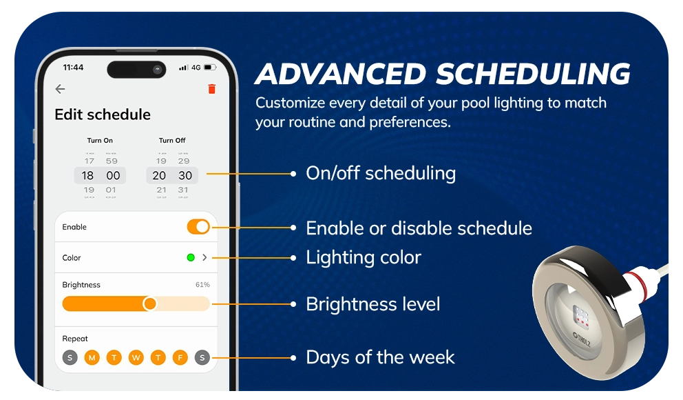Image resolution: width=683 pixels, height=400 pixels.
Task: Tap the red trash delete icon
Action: point(211,89)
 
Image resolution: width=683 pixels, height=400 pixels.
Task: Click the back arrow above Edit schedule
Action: point(60,89)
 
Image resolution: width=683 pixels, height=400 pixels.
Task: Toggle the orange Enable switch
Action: point(198,227)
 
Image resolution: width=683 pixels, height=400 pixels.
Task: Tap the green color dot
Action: point(190,257)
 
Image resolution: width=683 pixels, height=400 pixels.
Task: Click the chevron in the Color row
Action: point(204,257)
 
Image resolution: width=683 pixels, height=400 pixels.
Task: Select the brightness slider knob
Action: point(149,303)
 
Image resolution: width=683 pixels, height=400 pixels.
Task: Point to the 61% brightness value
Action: point(202,285)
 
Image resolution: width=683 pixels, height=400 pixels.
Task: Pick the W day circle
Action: point(136,358)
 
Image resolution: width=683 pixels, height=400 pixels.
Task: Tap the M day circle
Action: point(92,358)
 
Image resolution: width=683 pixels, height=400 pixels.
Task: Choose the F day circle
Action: point(180,358)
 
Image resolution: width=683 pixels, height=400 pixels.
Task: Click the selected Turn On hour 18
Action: point(87,175)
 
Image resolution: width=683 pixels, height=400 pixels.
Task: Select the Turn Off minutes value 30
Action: point(185,175)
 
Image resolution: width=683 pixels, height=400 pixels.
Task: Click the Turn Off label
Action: point(172,141)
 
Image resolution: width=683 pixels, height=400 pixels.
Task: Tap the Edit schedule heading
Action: point(103,114)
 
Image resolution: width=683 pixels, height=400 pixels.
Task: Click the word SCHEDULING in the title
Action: point(533,74)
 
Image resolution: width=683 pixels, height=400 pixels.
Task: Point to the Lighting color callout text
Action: point(364,257)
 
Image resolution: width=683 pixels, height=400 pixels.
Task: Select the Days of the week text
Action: point(380,357)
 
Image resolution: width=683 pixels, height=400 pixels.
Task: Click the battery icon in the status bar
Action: point(210,67)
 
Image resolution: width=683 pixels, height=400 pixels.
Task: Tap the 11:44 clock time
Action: point(73,67)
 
